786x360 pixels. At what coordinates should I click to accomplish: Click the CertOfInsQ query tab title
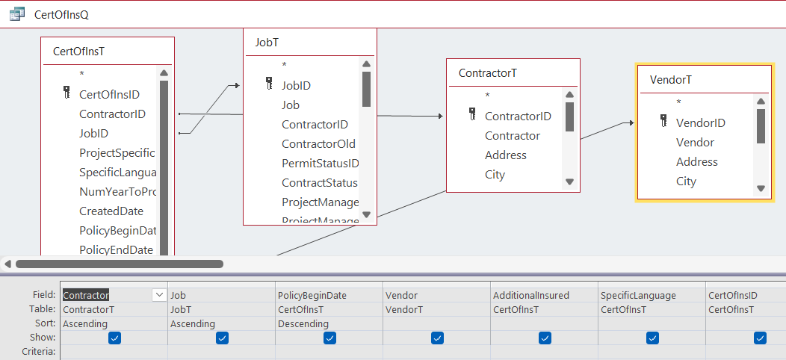tap(61, 14)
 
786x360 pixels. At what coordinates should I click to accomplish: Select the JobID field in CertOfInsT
tap(93, 134)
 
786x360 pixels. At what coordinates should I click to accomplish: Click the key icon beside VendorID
tap(663, 121)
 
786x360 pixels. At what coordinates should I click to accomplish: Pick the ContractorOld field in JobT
tap(318, 144)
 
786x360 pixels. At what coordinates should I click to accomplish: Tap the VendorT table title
tap(671, 80)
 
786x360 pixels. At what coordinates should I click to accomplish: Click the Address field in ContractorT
tap(505, 155)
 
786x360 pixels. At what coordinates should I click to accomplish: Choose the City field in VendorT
tap(686, 181)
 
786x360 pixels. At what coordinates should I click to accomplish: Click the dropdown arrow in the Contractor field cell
tap(159, 295)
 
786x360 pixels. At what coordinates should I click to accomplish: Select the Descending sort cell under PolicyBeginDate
tap(303, 324)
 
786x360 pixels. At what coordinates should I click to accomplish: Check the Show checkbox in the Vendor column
tap(437, 338)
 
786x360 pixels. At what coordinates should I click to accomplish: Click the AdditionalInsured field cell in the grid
tap(531, 295)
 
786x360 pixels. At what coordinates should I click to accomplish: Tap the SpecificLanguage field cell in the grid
tap(638, 295)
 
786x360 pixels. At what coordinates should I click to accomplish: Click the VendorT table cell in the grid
tap(403, 310)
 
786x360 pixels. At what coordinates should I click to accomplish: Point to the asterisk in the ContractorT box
tap(487, 96)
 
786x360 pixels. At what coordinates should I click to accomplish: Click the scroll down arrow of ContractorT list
tap(569, 181)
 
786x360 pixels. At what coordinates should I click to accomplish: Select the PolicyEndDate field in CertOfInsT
tap(116, 249)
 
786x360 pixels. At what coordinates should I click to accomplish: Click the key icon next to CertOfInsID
tap(67, 93)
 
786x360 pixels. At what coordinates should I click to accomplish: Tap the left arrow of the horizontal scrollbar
tap(7, 264)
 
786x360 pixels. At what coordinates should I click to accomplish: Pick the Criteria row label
tap(38, 352)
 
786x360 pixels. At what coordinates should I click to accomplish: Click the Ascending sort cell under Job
tap(193, 324)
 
